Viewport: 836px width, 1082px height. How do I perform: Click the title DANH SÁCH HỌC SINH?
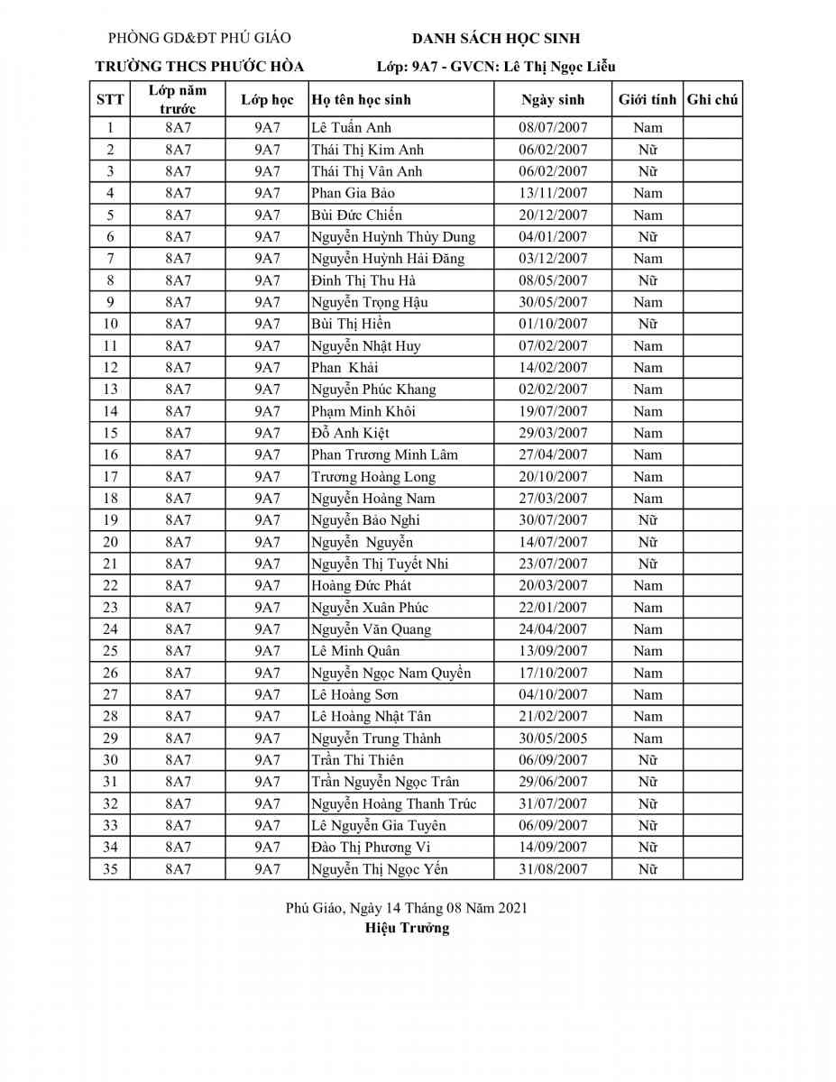coord(496,39)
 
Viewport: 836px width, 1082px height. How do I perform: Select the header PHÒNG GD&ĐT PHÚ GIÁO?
coord(199,39)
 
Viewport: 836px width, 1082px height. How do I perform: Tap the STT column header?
coord(110,100)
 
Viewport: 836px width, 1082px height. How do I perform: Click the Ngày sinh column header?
coord(553,100)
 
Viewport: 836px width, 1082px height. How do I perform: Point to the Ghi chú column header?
coord(712,100)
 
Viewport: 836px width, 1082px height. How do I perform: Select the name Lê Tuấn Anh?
coord(351,128)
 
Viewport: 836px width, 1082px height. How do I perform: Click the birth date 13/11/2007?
coord(553,193)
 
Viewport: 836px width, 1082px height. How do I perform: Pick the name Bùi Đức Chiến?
coord(356,215)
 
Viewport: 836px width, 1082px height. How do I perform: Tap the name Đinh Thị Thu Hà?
coord(363,280)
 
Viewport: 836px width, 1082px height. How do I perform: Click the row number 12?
coord(110,368)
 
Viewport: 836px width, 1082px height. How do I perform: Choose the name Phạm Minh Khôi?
coord(363,411)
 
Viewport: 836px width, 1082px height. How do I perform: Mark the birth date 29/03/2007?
coord(553,433)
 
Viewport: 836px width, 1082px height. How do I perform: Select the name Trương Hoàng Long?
coord(373,477)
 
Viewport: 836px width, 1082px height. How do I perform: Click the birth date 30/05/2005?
coord(553,738)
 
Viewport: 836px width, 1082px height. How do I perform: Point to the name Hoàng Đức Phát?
coord(361,586)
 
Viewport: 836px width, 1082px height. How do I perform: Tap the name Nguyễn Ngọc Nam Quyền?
coord(390,673)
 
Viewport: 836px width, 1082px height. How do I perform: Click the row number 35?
coord(110,869)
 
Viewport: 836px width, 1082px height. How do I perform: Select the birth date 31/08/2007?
coord(553,869)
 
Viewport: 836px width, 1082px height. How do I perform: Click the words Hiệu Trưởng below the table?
coord(407,928)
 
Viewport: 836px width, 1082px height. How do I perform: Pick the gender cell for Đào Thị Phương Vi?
coord(648,848)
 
